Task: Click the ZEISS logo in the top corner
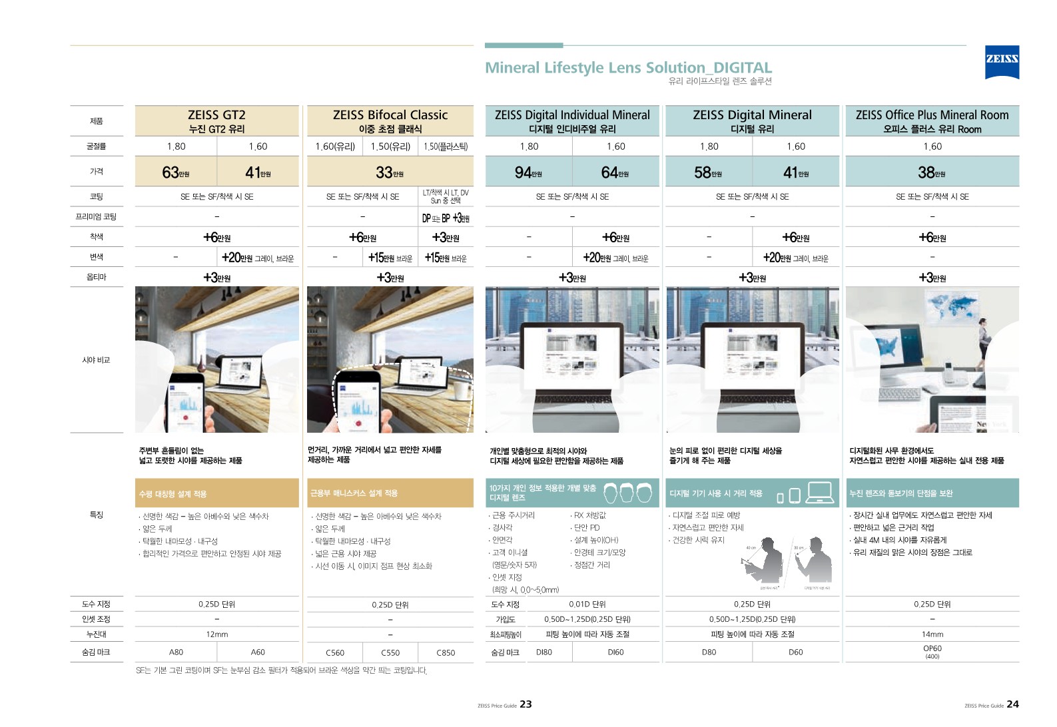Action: point(1002,61)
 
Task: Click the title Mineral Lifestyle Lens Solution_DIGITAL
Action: point(628,67)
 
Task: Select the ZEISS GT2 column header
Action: point(216,121)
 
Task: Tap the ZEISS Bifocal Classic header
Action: point(390,121)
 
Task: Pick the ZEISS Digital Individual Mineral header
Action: point(572,121)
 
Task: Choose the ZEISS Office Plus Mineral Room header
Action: point(932,121)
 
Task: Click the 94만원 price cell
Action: point(528,172)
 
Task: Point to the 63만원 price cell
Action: point(176,172)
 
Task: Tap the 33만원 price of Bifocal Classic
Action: point(390,172)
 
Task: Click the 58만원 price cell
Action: point(708,172)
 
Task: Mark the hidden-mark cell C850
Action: point(446,652)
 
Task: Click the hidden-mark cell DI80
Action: point(544,652)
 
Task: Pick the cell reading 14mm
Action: point(932,634)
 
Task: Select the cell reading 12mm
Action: point(217,634)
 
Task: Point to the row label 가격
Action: point(97,171)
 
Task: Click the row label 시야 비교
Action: point(96,360)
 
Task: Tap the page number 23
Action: point(526,704)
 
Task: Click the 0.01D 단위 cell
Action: point(587,604)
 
